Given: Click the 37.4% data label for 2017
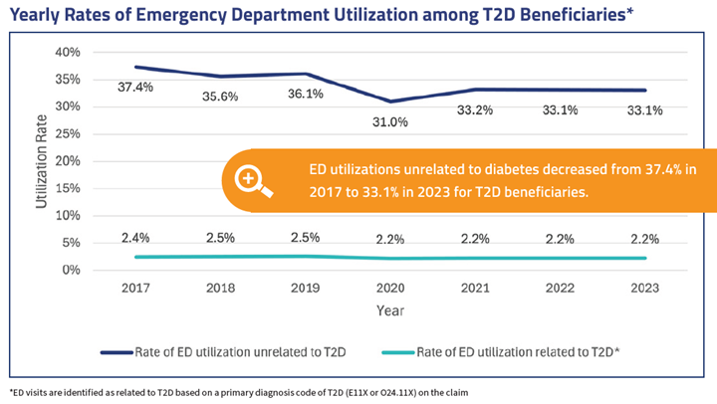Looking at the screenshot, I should coord(136,88).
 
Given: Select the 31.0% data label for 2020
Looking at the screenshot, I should coord(391,121).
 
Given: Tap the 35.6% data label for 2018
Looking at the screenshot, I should coord(222,97).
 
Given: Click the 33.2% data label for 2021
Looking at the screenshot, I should coord(475,110).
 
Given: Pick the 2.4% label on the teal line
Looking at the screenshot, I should coord(136,238).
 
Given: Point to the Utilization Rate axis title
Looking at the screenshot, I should coord(42,162).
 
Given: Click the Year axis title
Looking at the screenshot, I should coord(390,310).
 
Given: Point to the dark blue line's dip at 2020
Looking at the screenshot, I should coord(391,101).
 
